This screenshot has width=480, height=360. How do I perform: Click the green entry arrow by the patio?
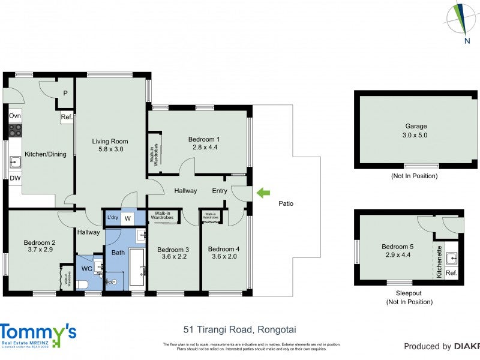263,193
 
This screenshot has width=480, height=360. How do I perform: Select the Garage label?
416,126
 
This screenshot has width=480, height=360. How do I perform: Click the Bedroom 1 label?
204,139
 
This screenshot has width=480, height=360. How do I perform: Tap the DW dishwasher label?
14,178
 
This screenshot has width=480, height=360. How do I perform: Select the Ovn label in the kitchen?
15,115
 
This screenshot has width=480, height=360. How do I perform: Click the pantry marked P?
65,94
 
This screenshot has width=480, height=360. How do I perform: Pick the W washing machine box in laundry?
127,219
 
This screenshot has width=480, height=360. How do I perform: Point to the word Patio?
286,203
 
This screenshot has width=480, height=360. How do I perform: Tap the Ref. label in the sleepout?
452,274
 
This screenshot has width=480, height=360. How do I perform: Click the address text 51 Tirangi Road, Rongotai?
239,329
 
